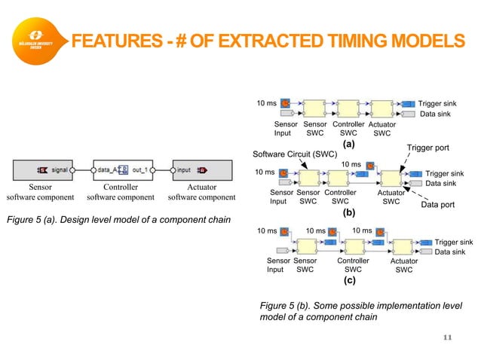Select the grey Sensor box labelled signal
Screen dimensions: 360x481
(46, 169)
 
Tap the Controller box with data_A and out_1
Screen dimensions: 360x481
(121, 169)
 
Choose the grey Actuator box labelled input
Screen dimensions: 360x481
(195, 169)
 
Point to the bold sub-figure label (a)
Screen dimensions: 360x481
(348, 142)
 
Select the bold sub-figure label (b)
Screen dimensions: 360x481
(348, 212)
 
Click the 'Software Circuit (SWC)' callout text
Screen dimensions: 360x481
(294, 154)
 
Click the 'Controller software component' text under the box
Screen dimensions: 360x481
(121, 192)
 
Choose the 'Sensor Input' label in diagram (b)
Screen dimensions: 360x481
(281, 197)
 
